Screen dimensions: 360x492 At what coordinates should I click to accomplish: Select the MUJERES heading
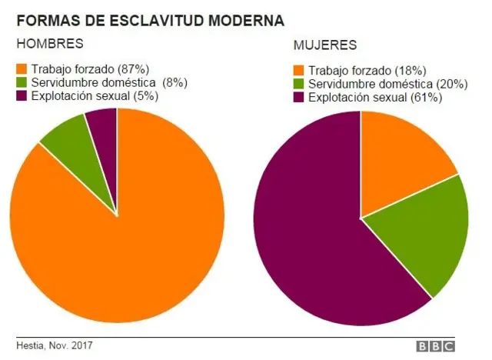[324, 45]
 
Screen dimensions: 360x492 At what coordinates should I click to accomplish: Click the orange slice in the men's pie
[115, 254]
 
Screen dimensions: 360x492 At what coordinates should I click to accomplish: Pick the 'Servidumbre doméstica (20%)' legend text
[387, 84]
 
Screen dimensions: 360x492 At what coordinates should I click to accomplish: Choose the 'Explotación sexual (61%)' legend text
[375, 97]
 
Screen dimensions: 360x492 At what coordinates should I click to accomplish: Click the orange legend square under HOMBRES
[22, 69]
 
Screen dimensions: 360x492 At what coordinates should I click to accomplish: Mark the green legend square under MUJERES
[299, 84]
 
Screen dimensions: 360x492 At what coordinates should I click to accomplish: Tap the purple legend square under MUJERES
[299, 97]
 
